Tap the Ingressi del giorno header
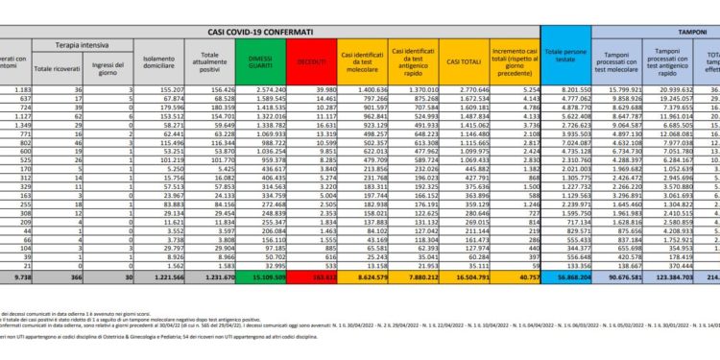(107, 66)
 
